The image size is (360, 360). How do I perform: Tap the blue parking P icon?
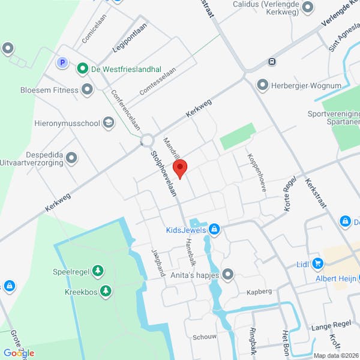(61, 62)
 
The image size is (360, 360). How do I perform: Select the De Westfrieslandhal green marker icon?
(82, 69)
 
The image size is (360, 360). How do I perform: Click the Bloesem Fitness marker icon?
(88, 91)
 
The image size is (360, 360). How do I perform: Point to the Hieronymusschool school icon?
(108, 122)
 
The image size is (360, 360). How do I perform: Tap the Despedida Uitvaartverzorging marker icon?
(72, 158)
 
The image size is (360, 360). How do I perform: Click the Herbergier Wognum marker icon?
(262, 85)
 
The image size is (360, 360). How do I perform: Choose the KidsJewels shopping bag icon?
(214, 229)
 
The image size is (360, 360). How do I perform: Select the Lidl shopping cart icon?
(317, 263)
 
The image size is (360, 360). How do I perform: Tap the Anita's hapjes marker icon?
(227, 275)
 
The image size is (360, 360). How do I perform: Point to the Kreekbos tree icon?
(106, 291)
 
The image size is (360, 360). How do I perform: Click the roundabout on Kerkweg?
(147, 141)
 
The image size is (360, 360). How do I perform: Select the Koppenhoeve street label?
(255, 171)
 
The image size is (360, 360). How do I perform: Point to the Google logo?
(18, 353)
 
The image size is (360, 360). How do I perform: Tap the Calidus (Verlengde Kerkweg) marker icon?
(308, 8)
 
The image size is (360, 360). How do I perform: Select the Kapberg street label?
(259, 292)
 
